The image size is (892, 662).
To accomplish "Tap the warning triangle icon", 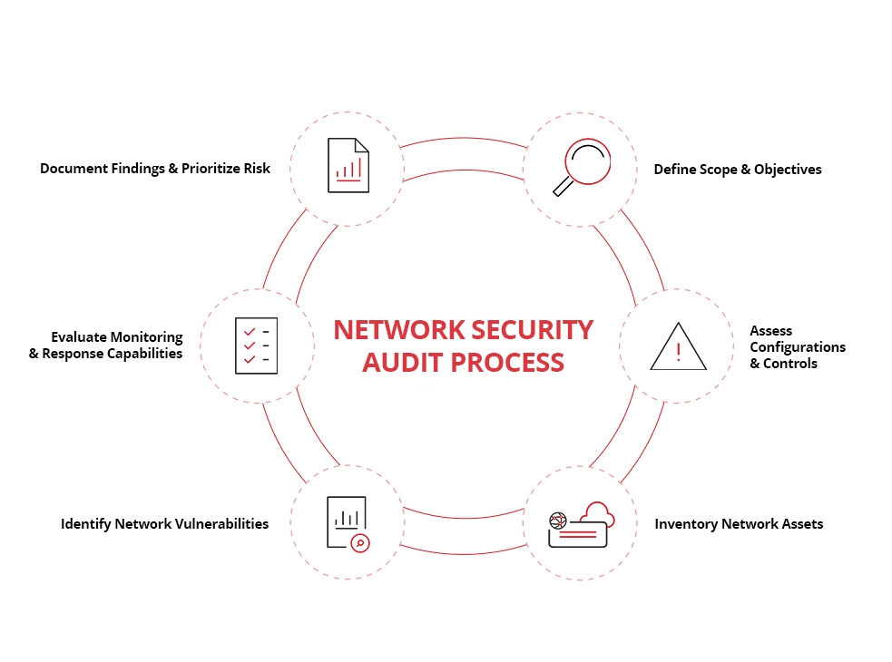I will pos(677,347).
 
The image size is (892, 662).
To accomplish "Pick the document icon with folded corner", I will pos(348,165).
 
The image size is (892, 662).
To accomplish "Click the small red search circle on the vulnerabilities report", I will pos(360,542).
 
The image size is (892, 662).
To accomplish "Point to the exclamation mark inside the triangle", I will pos(678,351).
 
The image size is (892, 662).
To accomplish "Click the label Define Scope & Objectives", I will pos(737,170).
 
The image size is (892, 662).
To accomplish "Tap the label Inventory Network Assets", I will pos(739,524).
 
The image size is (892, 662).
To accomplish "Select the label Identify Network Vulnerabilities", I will pos(164,523).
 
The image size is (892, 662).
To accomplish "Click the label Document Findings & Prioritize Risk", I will pos(155,169).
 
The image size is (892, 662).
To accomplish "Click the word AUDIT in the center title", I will pos(402,362).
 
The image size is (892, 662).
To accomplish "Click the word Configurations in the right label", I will pos(797,347).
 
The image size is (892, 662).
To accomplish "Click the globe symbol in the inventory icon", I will pos(557,521).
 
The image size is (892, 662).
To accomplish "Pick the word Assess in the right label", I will pos(770,331).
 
